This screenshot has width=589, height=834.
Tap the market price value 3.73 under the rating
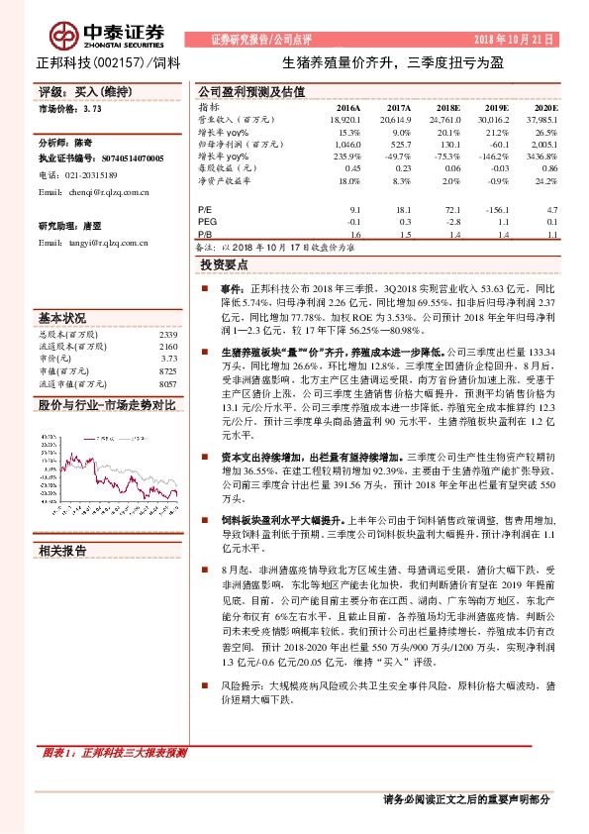click(x=92, y=111)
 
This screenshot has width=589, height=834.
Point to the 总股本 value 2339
click(x=167, y=336)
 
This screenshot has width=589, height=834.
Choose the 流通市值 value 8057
click(x=167, y=383)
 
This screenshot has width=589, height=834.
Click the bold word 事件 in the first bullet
click(x=231, y=286)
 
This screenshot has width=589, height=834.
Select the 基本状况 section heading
click(x=62, y=319)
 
